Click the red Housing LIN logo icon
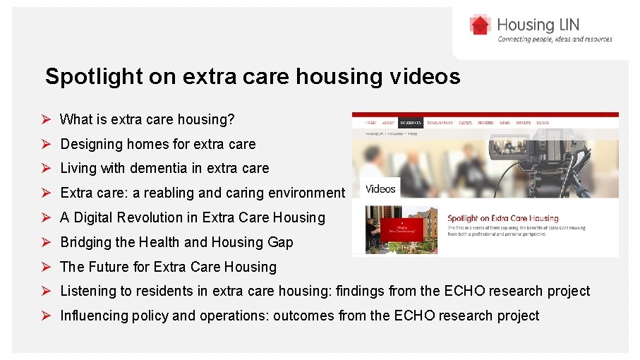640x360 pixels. click(480, 25)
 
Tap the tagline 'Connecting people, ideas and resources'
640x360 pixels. click(555, 40)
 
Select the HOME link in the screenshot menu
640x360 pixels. click(370, 123)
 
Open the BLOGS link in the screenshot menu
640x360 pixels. click(543, 123)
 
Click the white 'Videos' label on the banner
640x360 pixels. click(381, 188)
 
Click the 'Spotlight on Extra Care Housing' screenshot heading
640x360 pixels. click(502, 219)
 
